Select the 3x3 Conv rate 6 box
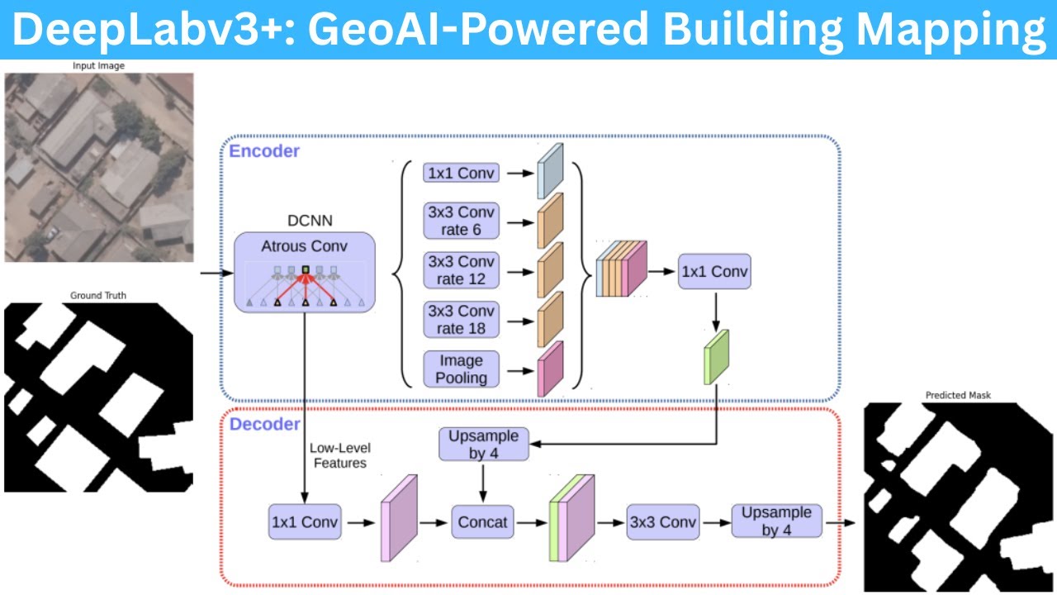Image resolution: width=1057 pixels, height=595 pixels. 461,221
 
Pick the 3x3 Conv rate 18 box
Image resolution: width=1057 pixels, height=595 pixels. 461,320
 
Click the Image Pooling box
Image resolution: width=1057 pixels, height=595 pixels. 461,369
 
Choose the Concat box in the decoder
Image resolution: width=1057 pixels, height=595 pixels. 483,522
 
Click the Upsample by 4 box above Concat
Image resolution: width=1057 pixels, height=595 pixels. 483,445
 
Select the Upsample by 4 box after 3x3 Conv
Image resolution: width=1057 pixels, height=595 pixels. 776,521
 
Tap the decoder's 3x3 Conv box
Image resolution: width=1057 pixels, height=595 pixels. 662,522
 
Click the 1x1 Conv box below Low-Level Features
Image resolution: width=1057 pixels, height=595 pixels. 305,522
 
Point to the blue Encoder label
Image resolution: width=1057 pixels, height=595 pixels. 264,151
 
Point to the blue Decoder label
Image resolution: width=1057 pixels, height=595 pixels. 264,424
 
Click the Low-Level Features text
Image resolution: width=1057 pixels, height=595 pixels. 339,455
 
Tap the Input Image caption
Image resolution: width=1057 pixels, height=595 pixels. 99,66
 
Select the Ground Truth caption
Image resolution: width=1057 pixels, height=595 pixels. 98,295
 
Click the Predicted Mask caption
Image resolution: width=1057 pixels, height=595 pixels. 958,395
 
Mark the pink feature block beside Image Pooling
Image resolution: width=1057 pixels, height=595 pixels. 550,369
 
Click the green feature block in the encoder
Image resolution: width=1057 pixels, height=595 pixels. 717,357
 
